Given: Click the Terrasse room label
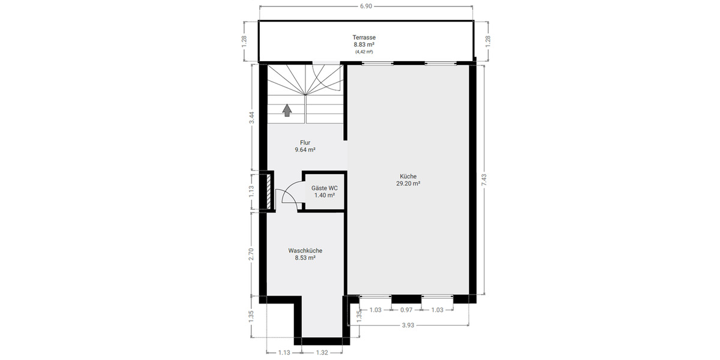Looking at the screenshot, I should click(364, 37).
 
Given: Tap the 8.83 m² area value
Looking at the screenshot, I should click(364, 44).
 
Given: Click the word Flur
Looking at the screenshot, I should click(305, 143).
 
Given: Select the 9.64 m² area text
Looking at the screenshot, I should click(305, 151).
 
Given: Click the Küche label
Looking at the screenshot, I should click(408, 176).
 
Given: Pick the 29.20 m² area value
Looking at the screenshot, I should click(408, 184).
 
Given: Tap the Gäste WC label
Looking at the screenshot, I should click(324, 188).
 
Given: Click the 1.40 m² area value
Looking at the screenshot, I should click(324, 196).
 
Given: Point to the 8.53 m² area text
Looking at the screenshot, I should click(305, 258).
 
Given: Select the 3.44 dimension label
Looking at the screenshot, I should click(252, 118).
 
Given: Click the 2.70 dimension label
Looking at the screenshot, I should click(252, 254).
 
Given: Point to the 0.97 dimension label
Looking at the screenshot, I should click(406, 310).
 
